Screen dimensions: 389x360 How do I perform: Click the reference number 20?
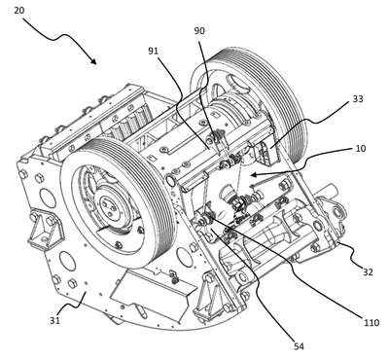[18, 10]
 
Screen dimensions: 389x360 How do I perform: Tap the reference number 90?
[199, 31]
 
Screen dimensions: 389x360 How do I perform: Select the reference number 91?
[154, 51]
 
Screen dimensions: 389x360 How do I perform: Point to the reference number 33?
[358, 98]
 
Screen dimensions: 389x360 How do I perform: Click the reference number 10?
[361, 148]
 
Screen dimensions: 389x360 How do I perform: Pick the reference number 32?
[368, 271]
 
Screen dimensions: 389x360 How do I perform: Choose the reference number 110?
[371, 323]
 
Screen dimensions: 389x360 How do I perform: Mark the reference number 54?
[299, 346]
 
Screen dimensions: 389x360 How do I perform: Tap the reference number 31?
[54, 321]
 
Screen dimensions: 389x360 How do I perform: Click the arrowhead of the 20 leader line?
[93, 60]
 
